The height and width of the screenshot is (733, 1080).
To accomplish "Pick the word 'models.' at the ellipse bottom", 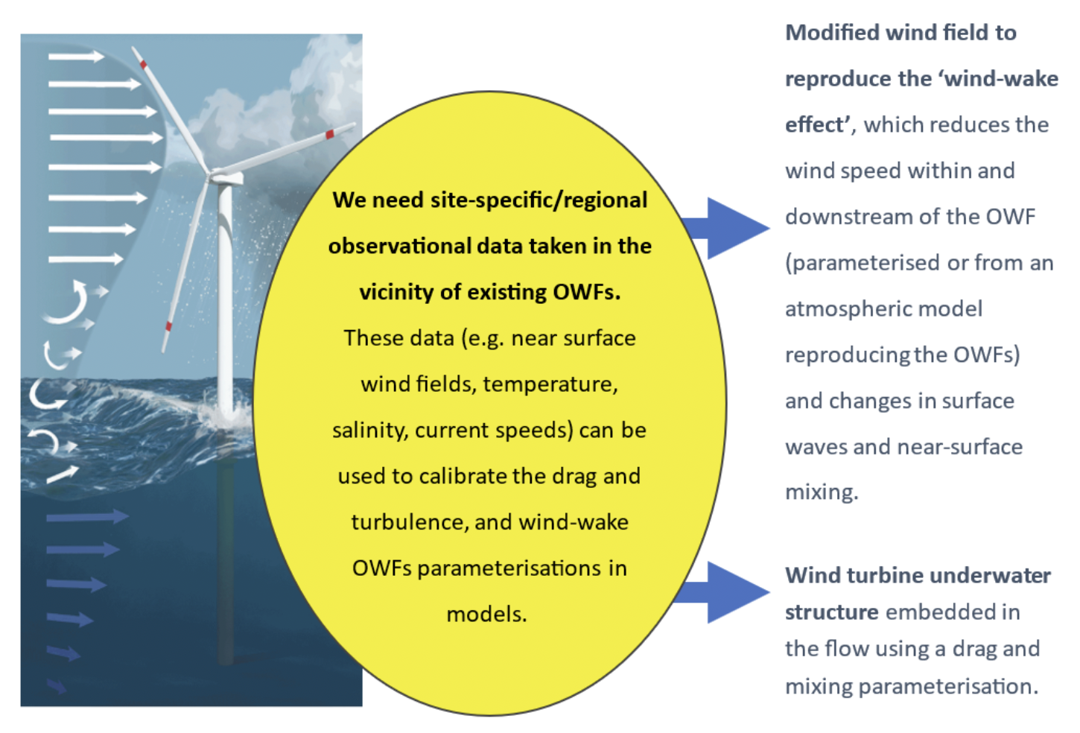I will [x=486, y=615].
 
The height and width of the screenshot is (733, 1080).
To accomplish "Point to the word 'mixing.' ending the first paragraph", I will [x=822, y=492].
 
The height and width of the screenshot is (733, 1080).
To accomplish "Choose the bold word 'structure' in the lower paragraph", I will [x=832, y=612].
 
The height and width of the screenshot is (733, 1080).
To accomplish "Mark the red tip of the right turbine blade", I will [x=330, y=135].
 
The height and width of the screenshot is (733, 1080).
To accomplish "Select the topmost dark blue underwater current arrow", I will [x=86, y=517].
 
